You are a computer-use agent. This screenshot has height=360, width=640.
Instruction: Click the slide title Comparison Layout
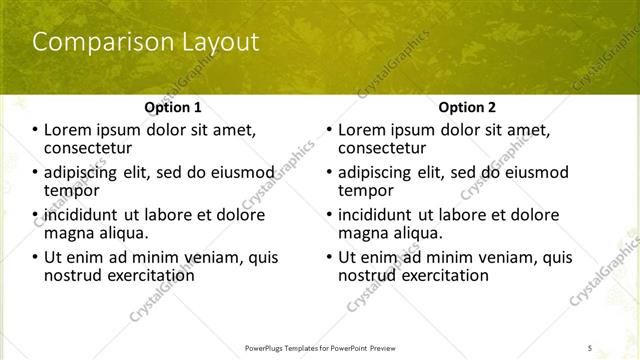pyautogui.click(x=145, y=42)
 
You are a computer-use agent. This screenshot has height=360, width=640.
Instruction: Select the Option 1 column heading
pyautogui.click(x=172, y=107)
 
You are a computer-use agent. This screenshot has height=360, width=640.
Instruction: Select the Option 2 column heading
pyautogui.click(x=466, y=107)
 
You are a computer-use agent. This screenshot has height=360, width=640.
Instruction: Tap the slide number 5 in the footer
pyautogui.click(x=590, y=348)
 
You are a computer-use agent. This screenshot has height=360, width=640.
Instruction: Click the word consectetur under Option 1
pyautogui.click(x=88, y=148)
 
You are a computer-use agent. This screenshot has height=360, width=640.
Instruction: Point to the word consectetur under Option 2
pyautogui.click(x=382, y=148)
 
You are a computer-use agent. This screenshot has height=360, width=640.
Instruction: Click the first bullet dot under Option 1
pyautogui.click(x=35, y=130)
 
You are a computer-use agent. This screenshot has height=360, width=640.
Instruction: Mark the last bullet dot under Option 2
pyautogui.click(x=329, y=257)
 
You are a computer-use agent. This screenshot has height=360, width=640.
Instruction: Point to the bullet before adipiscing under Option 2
pyautogui.click(x=329, y=172)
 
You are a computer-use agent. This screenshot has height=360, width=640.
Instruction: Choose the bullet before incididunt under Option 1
pyautogui.click(x=35, y=215)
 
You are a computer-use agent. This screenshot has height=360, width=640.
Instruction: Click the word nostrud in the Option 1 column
pyautogui.click(x=73, y=274)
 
